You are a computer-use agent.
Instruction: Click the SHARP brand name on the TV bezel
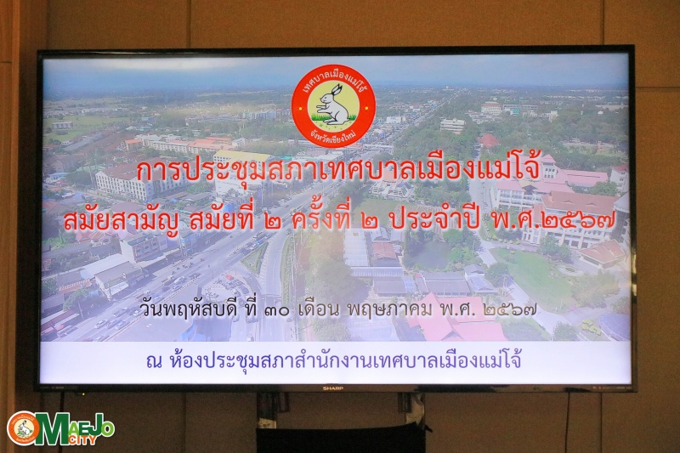click(332, 388)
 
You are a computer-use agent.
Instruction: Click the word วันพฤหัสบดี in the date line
click(190, 310)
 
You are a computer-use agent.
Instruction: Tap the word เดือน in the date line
click(319, 309)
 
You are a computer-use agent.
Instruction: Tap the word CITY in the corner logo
click(86, 440)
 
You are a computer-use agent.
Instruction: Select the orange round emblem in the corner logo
click(23, 428)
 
